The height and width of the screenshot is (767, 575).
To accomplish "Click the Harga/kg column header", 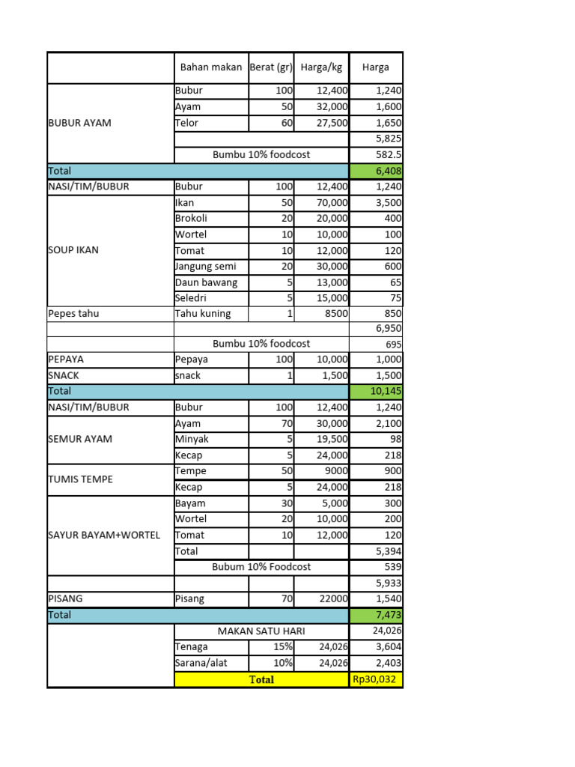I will [x=321, y=67].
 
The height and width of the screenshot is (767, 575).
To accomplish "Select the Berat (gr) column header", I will [x=271, y=67].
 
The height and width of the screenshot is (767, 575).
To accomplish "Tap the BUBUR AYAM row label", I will [x=79, y=123].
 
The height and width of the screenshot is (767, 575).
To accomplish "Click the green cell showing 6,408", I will [x=376, y=171].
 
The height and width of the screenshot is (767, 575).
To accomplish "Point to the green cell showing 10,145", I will [x=376, y=391].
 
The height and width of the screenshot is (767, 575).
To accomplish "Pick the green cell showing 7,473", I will [x=376, y=615].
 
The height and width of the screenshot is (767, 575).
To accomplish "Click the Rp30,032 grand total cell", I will [x=376, y=679].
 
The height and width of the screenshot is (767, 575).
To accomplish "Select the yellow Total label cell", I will [x=261, y=679].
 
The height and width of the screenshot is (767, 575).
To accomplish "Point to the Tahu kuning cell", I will [x=203, y=314].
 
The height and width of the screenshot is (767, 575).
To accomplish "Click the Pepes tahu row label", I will [x=73, y=314].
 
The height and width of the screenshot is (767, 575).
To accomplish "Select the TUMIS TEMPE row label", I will [x=80, y=479].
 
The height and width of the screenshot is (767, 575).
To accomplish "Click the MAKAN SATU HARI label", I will [x=261, y=631].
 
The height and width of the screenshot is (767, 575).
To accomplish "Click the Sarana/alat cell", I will [x=201, y=663].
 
